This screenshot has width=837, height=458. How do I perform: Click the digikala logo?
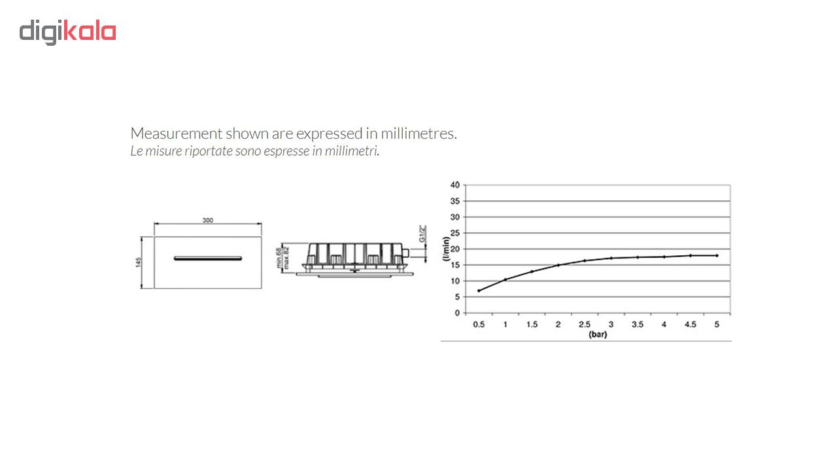click(67, 32)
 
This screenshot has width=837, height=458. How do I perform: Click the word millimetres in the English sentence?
click(418, 133)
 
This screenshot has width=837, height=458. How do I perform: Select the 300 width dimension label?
click(208, 220)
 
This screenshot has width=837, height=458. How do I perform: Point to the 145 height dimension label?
click(139, 262)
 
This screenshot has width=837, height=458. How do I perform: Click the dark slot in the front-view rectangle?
click(208, 258)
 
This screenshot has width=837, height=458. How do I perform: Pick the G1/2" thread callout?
click(422, 234)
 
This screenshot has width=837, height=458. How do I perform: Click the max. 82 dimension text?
click(286, 258)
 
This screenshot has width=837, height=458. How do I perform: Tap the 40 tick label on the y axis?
click(454, 185)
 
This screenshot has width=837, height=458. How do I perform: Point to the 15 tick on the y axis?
click(454, 265)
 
